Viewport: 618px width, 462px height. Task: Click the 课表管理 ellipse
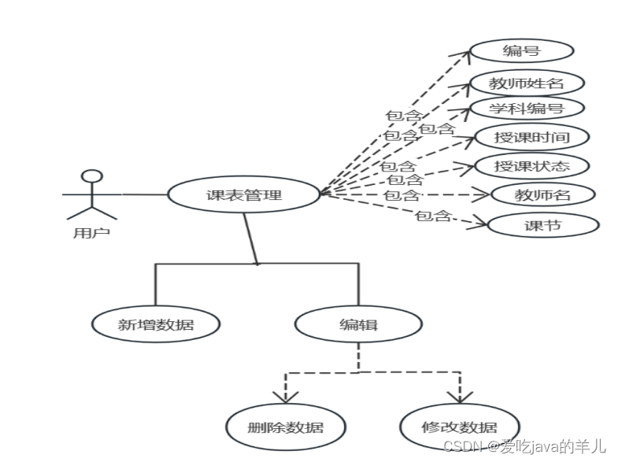pyautogui.click(x=243, y=194)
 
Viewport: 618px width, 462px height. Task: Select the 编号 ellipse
pyautogui.click(x=521, y=52)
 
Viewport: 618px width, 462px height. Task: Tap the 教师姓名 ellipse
pyautogui.click(x=526, y=83)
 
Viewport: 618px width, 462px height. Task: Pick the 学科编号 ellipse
pyautogui.click(x=525, y=108)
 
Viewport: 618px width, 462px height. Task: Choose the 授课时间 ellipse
pyautogui.click(x=531, y=138)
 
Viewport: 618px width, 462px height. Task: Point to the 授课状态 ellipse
pyautogui.click(x=531, y=166)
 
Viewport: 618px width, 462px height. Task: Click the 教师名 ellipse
pyautogui.click(x=542, y=194)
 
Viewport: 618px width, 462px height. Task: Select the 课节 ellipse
pyautogui.click(x=542, y=225)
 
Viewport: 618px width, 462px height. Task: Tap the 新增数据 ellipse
pyautogui.click(x=155, y=323)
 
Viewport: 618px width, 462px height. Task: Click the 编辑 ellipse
pyautogui.click(x=358, y=323)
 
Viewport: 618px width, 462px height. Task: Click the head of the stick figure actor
pyautogui.click(x=93, y=176)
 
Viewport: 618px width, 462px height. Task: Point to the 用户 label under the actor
pyautogui.click(x=91, y=232)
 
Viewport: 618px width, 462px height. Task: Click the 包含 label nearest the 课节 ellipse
pyautogui.click(x=432, y=215)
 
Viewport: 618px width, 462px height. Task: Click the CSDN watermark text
pyautogui.click(x=524, y=447)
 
